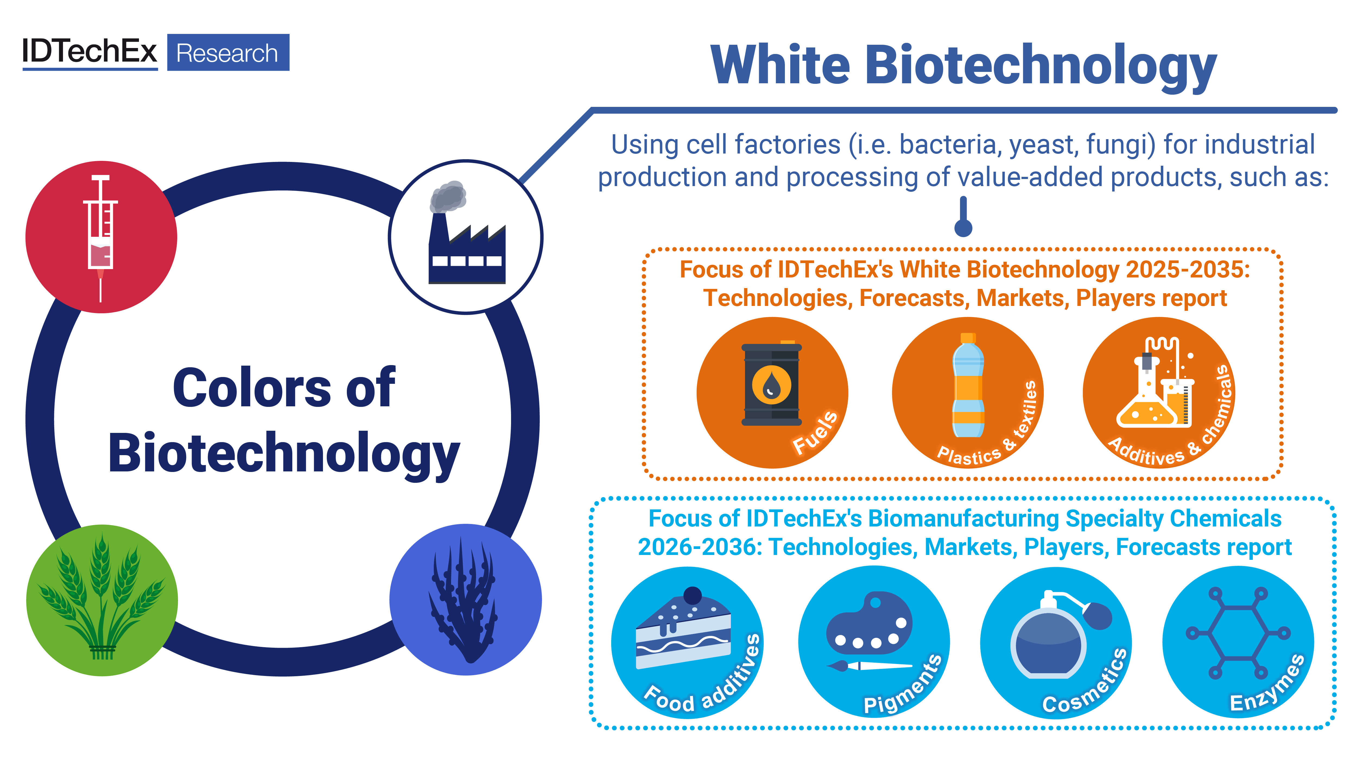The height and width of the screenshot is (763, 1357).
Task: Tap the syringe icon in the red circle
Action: click(x=101, y=238)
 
